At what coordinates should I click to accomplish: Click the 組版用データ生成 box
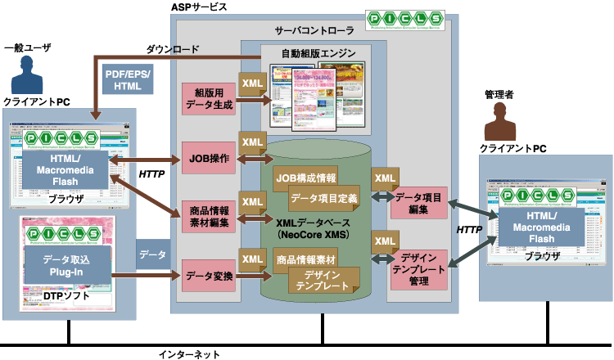(208, 99)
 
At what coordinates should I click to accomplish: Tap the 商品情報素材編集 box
(208, 216)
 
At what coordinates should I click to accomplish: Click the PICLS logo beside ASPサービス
(404, 20)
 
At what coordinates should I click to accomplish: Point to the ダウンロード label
(173, 48)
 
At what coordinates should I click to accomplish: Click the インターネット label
(188, 354)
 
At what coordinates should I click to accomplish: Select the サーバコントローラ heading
(314, 30)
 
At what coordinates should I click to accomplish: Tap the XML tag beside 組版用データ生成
(251, 84)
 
